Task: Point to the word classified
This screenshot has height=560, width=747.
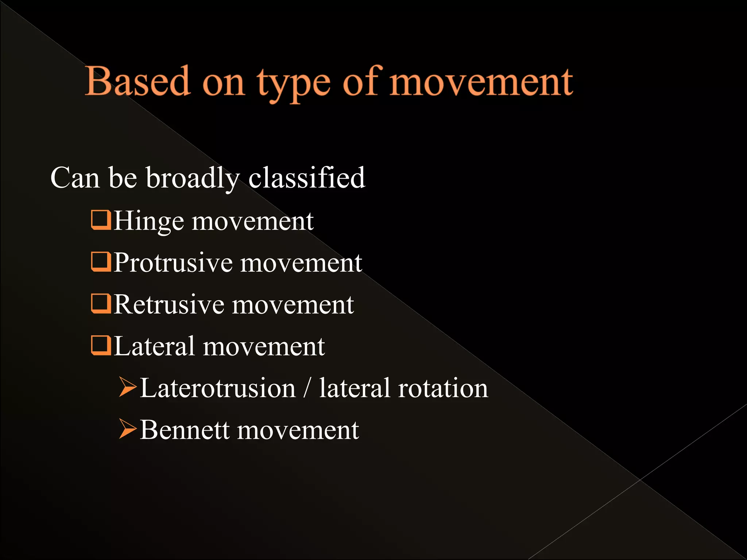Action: pyautogui.click(x=306, y=178)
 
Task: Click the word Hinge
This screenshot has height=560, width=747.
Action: pyautogui.click(x=148, y=221)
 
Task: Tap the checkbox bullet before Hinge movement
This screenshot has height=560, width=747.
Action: pyautogui.click(x=101, y=220)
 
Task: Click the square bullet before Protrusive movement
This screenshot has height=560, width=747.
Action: pyautogui.click(x=101, y=262)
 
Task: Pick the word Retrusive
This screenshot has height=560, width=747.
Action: pyautogui.click(x=169, y=304)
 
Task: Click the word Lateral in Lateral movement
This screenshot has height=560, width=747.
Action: pyautogui.click(x=154, y=346)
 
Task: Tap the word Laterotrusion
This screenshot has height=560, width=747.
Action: pyautogui.click(x=217, y=388)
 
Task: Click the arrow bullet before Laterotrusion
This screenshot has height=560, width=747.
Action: pyautogui.click(x=128, y=387)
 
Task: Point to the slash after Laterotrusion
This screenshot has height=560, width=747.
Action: pyautogui.click(x=307, y=388)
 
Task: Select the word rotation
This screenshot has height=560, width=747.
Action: pyautogui.click(x=443, y=388)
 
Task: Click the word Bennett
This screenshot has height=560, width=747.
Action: pyautogui.click(x=184, y=430)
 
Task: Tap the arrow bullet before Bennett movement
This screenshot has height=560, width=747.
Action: pyautogui.click(x=128, y=429)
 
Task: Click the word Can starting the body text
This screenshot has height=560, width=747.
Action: pyautogui.click(x=75, y=178)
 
